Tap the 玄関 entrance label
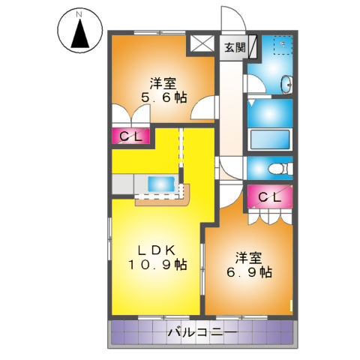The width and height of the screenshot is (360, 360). [234, 47]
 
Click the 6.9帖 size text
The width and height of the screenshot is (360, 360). [250, 273]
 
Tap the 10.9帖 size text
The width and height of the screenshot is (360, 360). [157, 264]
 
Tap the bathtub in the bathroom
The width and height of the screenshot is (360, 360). [268, 139]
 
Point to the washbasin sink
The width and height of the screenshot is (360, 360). [286, 83]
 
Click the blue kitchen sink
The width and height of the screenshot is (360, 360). [161, 182]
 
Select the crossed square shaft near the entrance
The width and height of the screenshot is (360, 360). [202, 44]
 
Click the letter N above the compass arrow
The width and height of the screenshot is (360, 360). [80, 13]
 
